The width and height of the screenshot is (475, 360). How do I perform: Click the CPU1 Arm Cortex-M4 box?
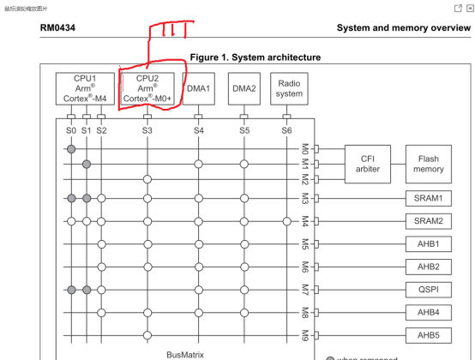coord(85,89)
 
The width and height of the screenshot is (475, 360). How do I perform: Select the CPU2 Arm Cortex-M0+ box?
coord(147,89)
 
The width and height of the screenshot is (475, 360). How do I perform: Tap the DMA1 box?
coord(198,89)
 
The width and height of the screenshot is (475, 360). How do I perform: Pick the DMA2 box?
coord(244,89)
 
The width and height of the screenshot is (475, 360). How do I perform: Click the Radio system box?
coord(289,89)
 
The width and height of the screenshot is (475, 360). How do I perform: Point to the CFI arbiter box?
coord(368,164)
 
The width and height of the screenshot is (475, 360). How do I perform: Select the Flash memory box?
coord(429,164)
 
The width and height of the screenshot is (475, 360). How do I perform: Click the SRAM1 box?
coord(429,198)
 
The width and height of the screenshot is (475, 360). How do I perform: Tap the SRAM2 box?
coord(429,221)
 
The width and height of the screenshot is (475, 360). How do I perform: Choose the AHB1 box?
coord(429,244)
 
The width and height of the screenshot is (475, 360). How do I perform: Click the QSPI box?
coord(429,290)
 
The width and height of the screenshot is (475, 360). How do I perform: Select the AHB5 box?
coord(429,335)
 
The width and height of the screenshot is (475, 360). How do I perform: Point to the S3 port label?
coord(147,130)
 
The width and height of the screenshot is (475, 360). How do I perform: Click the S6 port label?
coord(286,130)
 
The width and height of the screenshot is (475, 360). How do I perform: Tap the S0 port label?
coord(71,130)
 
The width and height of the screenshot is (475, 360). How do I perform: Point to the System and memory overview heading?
coord(403,28)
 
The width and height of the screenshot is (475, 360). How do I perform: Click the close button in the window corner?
coord(470,7)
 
